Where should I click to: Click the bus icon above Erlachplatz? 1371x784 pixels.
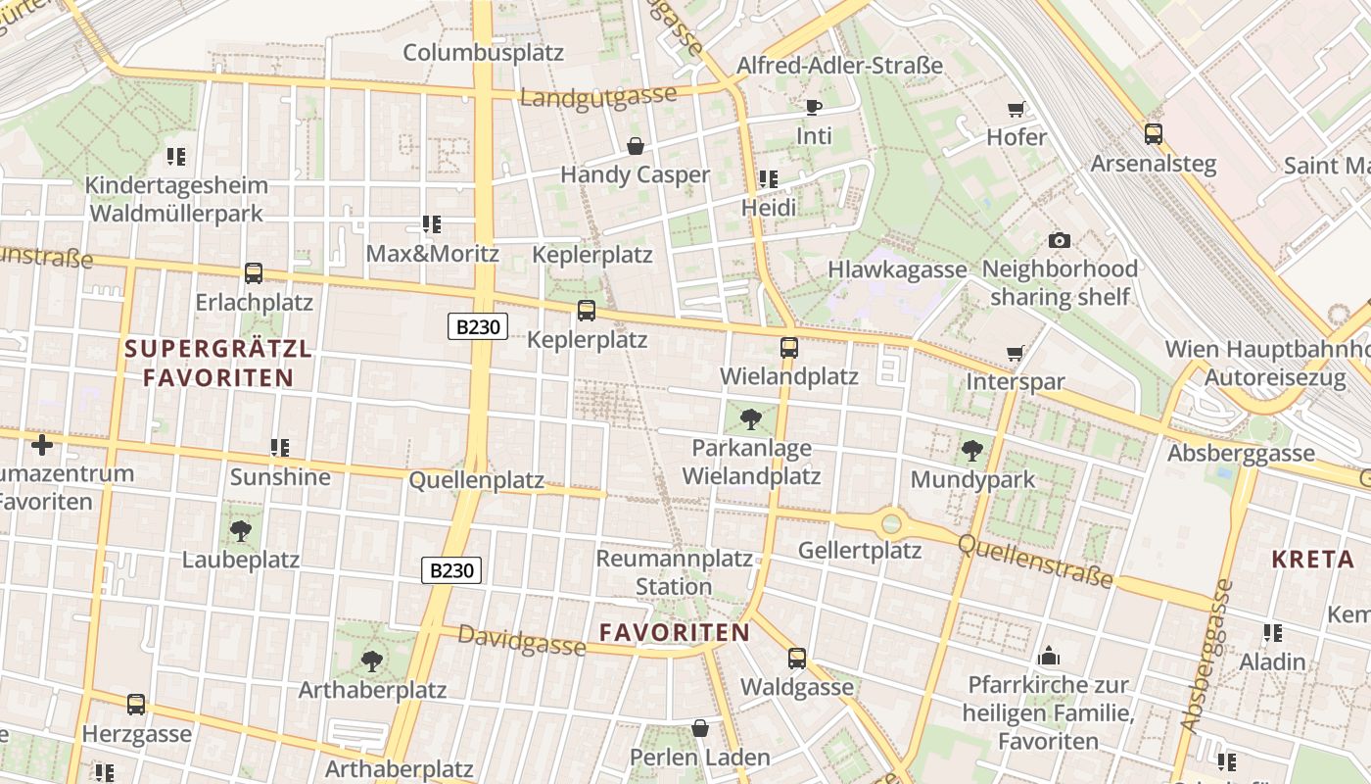pyautogui.click(x=254, y=273)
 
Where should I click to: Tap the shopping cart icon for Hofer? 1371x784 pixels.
pyautogui.click(x=1016, y=109)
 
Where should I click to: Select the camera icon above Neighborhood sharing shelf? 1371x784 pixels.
pyautogui.click(x=1059, y=240)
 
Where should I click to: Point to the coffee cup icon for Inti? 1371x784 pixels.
pyautogui.click(x=813, y=107)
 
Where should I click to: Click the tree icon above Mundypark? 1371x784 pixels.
pyautogui.click(x=971, y=451)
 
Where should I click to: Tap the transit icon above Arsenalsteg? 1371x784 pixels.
pyautogui.click(x=1154, y=134)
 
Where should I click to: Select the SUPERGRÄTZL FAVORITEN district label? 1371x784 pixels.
pyautogui.click(x=218, y=363)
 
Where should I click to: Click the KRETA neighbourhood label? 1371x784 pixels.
pyautogui.click(x=1312, y=560)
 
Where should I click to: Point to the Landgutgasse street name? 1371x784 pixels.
pyautogui.click(x=598, y=96)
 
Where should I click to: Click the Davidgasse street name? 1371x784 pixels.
pyautogui.click(x=522, y=640)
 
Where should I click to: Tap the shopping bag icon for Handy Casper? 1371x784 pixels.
pyautogui.click(x=636, y=147)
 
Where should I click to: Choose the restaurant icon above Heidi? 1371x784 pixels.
pyautogui.click(x=769, y=179)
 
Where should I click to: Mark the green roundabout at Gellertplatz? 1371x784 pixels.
pyautogui.click(x=890, y=523)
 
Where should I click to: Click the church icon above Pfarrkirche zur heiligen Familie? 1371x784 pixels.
pyautogui.click(x=1048, y=656)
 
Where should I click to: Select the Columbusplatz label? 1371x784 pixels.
pyautogui.click(x=484, y=52)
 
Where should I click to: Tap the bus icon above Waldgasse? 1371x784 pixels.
pyautogui.click(x=797, y=658)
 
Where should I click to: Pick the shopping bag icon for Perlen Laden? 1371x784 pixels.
pyautogui.click(x=700, y=728)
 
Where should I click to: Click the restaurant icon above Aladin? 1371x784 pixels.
pyautogui.click(x=1272, y=633)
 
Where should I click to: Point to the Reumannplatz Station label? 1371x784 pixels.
pyautogui.click(x=675, y=572)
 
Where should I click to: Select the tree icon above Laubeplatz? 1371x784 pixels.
pyautogui.click(x=241, y=531)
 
